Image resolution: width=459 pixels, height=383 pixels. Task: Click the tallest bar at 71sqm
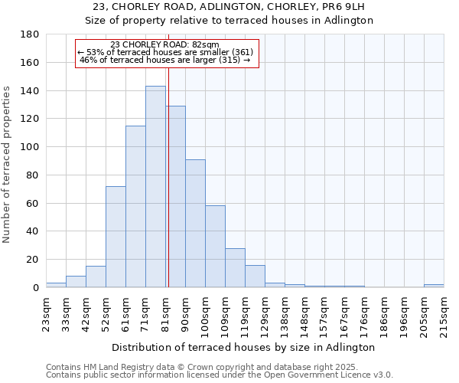click(x=155, y=187)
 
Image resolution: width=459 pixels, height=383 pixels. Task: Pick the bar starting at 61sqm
click(x=135, y=207)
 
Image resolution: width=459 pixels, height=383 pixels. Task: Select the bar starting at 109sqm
click(x=235, y=268)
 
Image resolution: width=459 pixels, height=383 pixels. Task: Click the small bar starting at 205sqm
click(x=434, y=286)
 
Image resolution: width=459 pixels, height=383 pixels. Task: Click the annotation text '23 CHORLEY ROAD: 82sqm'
click(x=164, y=45)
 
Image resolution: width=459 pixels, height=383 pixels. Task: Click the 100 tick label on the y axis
click(x=31, y=147)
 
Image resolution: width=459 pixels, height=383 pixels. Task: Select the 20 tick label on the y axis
click(x=34, y=260)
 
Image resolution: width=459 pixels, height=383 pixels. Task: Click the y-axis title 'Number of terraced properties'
click(x=7, y=165)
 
